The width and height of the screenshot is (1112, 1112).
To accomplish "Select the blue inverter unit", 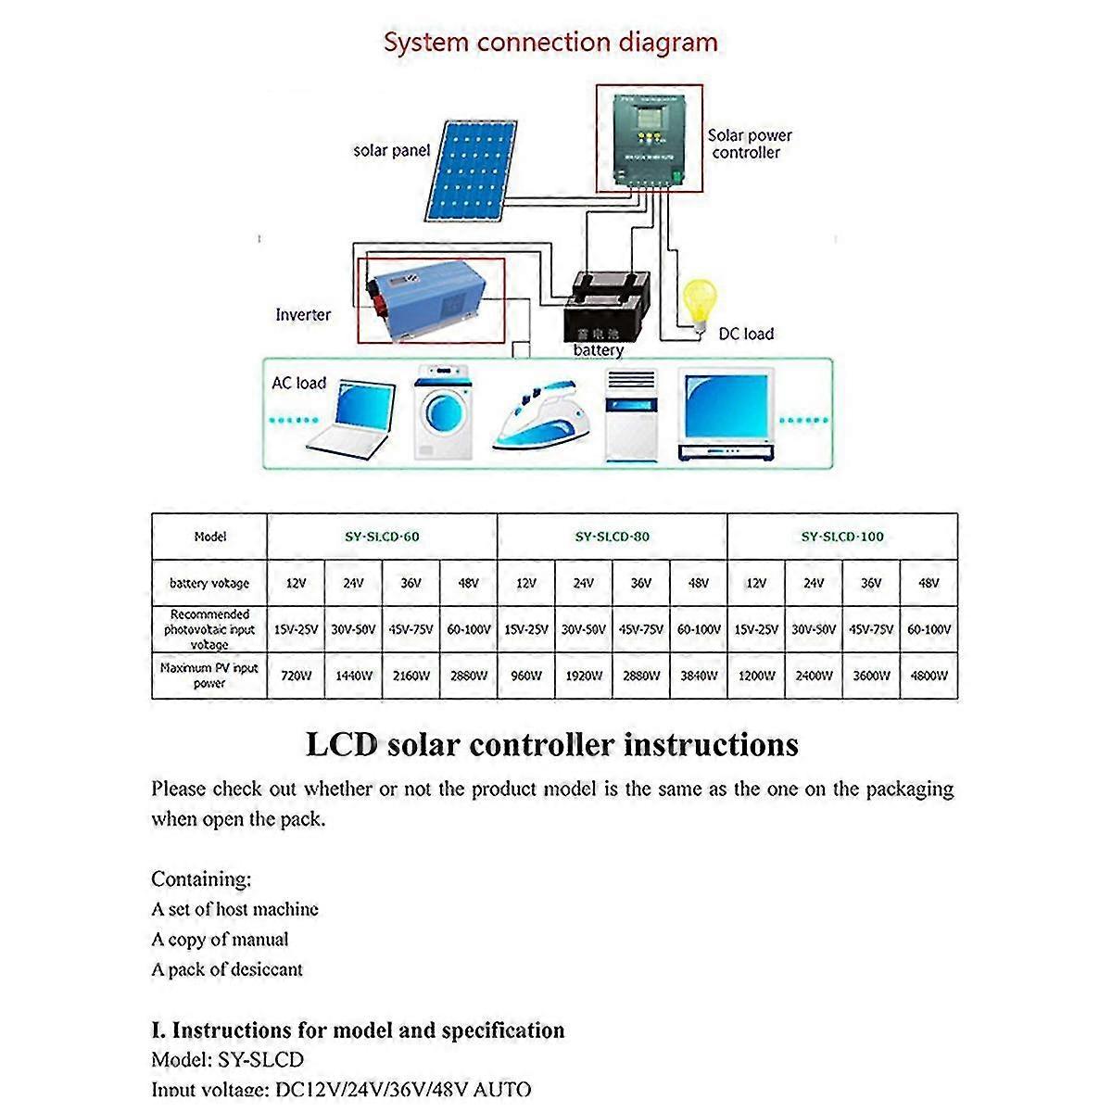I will (x=430, y=301).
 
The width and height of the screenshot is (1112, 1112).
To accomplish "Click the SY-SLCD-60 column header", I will (x=382, y=537).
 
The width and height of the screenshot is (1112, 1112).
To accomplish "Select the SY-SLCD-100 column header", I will (x=842, y=537).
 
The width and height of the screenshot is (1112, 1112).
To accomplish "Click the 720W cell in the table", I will (x=296, y=676).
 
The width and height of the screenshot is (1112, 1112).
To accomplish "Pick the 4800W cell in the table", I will (x=929, y=676).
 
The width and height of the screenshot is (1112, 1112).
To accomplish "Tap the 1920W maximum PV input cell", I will (x=583, y=676).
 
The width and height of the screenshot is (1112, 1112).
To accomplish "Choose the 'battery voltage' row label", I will (x=209, y=583).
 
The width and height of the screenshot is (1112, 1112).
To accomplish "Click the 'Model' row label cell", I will (x=209, y=537).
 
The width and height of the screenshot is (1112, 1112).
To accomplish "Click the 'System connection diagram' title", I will (x=550, y=43).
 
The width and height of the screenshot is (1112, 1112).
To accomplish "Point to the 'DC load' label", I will (x=746, y=334).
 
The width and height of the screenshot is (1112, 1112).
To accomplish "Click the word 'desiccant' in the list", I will (x=266, y=969).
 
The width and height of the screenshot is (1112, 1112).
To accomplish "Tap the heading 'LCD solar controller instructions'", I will (x=551, y=744).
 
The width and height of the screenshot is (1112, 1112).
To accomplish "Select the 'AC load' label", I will (x=298, y=383).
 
